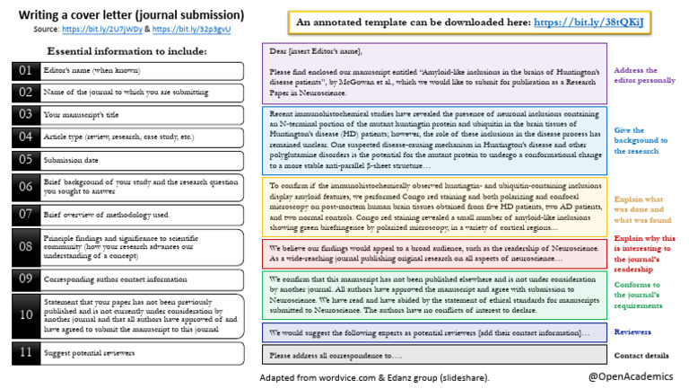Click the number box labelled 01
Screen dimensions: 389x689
[25, 70]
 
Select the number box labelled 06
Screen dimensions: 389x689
[25, 188]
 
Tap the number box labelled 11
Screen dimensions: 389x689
[25, 353]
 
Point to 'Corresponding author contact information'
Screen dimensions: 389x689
[118, 279]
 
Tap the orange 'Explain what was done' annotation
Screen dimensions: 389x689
[642, 208]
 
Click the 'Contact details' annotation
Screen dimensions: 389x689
[641, 355]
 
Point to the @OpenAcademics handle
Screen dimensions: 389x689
[629, 375]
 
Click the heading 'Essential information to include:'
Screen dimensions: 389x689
[126, 51]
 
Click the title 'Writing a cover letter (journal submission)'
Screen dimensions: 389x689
[131, 15]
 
